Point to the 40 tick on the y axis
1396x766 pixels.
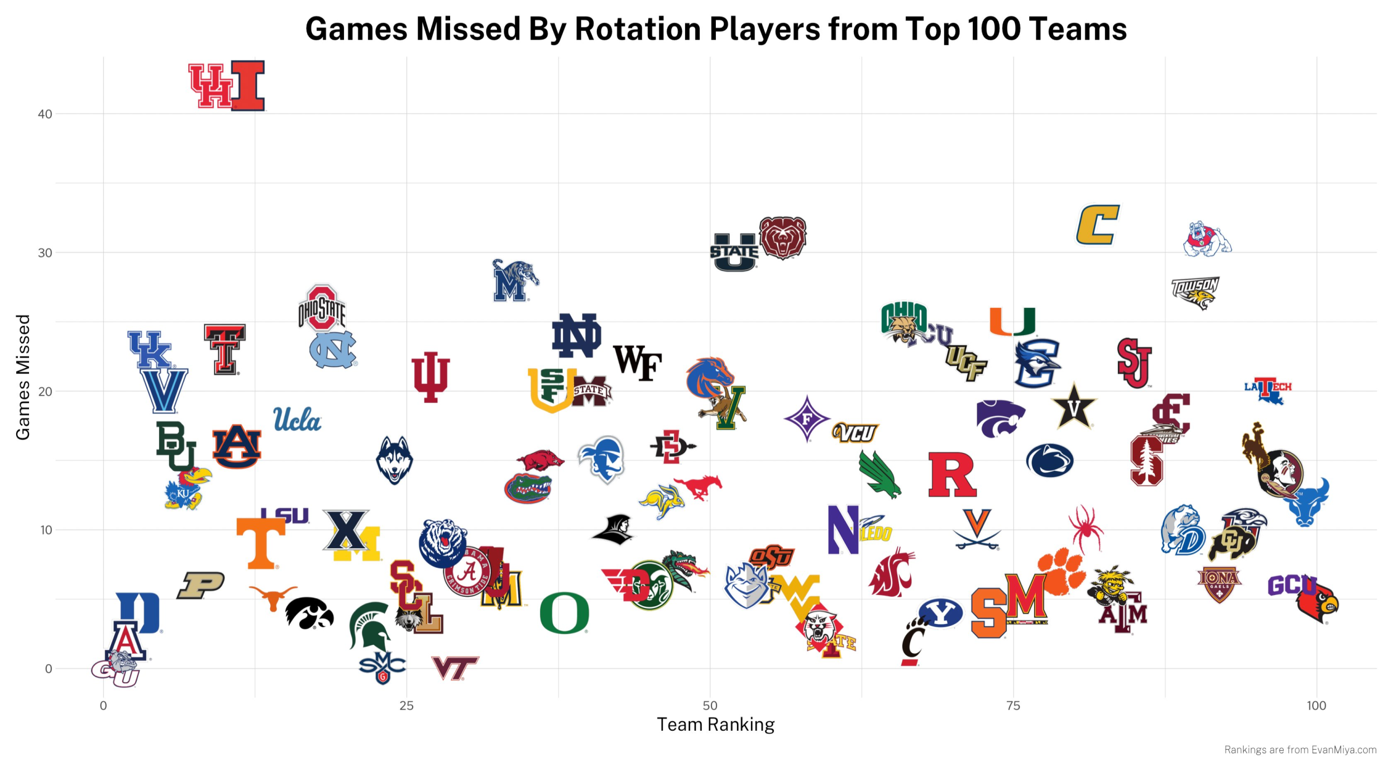point(45,114)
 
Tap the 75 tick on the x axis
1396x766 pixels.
point(1013,706)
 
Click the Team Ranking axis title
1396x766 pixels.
point(715,725)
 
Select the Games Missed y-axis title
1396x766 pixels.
point(23,377)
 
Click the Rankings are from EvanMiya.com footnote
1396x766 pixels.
point(1300,750)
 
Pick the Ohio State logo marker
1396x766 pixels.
point(322,308)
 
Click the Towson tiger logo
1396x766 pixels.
point(1195,292)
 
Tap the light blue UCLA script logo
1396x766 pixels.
point(297,420)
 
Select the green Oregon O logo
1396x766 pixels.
point(564,613)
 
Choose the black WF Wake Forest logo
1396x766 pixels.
point(637,363)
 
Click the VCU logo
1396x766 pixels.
point(855,432)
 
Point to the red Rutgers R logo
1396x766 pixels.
point(952,475)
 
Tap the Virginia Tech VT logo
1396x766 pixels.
point(455,668)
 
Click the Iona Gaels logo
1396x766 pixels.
point(1219,583)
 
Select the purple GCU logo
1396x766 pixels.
point(1288,585)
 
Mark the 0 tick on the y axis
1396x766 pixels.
point(49,669)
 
